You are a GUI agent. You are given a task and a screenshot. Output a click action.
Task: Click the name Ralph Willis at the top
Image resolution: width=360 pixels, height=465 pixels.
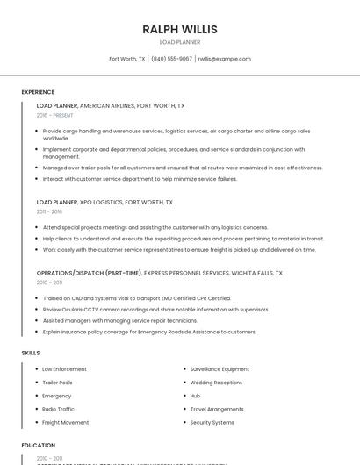[x=180, y=30]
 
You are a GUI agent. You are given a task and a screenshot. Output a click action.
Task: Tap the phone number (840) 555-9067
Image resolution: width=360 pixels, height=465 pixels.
[x=171, y=59]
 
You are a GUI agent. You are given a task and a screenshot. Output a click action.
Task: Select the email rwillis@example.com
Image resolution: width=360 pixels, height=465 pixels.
[x=224, y=59]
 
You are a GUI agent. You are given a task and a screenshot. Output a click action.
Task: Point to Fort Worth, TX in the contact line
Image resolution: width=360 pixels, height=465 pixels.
[x=126, y=59]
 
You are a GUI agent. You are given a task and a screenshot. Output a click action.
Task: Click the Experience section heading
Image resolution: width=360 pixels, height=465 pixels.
[x=38, y=92]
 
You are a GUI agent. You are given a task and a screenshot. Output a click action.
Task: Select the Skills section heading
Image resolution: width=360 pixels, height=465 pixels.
[x=31, y=353]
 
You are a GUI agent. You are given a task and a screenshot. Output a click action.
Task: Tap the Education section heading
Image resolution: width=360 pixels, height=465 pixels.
[x=39, y=445]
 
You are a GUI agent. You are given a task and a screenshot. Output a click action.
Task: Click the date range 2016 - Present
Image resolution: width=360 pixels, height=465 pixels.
[x=54, y=115]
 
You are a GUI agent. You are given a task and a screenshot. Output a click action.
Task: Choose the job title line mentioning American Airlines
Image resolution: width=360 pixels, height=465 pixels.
[x=111, y=105]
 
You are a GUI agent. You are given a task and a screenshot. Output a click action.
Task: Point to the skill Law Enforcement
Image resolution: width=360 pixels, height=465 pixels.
[x=64, y=369]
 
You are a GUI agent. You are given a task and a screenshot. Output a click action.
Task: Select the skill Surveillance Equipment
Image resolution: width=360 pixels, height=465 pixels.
[x=220, y=369]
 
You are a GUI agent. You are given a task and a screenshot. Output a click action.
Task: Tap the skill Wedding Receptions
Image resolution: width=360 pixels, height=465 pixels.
[x=216, y=383]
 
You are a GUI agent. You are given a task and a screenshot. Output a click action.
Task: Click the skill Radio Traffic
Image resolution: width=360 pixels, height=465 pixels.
[x=59, y=409]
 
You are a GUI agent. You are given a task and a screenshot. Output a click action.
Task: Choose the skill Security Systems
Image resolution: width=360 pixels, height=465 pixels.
[x=212, y=423]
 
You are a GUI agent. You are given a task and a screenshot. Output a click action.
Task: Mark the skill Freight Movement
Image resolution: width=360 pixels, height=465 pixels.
[x=65, y=423]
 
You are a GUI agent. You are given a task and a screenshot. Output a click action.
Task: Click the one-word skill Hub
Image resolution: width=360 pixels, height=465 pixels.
[x=195, y=396]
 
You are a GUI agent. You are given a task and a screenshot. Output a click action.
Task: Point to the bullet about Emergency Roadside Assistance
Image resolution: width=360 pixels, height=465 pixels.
[x=149, y=332]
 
